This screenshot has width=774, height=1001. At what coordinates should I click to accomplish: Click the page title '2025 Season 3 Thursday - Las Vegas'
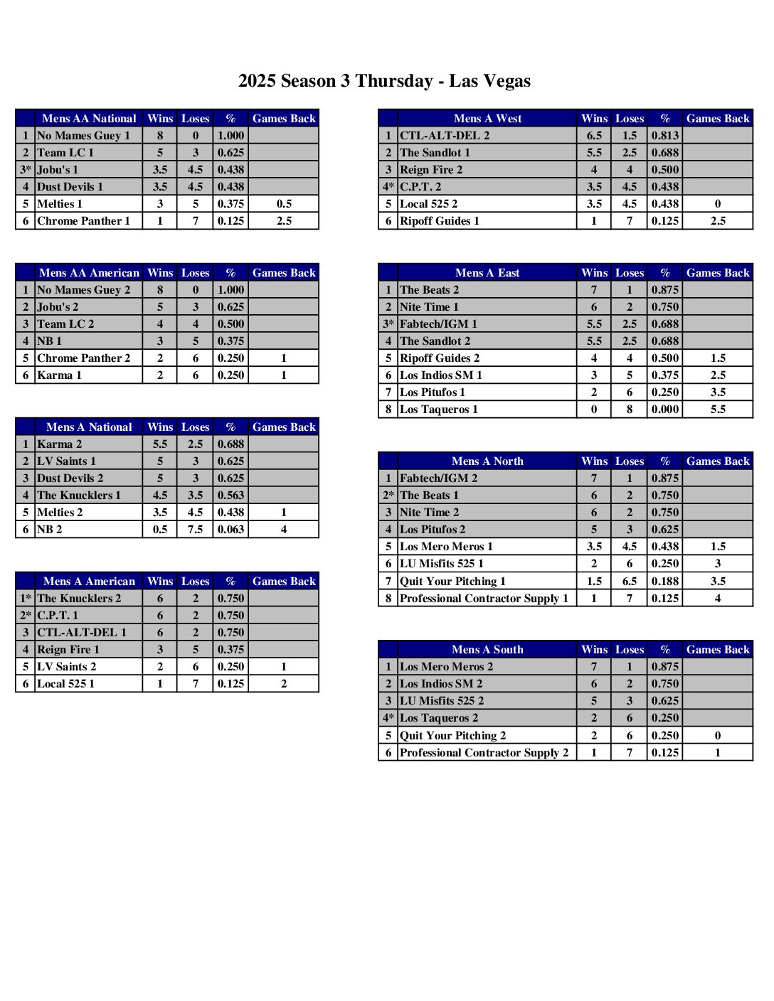pyautogui.click(x=384, y=81)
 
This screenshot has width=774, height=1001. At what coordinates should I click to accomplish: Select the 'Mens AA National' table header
pyautogui.click(x=89, y=119)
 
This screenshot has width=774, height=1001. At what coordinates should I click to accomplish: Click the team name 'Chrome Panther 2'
pyautogui.click(x=83, y=358)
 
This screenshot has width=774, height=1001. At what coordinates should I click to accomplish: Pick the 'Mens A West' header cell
pyautogui.click(x=487, y=119)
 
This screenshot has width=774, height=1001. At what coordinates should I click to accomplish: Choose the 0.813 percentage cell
pyautogui.click(x=664, y=136)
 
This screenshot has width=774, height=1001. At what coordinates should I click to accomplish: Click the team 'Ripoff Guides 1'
pyautogui.click(x=440, y=221)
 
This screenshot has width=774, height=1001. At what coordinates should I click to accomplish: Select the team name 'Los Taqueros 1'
pyautogui.click(x=439, y=409)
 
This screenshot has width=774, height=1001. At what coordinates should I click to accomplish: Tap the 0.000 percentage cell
pyautogui.click(x=664, y=409)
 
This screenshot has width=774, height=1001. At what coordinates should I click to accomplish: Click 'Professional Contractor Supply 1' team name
pyautogui.click(x=484, y=599)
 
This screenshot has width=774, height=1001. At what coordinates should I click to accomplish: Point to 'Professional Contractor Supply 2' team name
pyautogui.click(x=484, y=753)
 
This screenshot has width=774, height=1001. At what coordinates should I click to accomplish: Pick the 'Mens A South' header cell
pyautogui.click(x=487, y=650)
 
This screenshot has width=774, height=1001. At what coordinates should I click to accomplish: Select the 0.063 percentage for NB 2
pyautogui.click(x=230, y=530)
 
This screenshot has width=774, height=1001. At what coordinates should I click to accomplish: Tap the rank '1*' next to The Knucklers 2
pyautogui.click(x=26, y=599)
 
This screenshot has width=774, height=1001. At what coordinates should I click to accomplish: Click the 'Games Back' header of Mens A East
pyautogui.click(x=718, y=273)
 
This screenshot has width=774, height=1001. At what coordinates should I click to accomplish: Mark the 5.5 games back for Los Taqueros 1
pyautogui.click(x=718, y=409)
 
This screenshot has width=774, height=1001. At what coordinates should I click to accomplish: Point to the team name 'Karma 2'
pyautogui.click(x=59, y=444)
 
